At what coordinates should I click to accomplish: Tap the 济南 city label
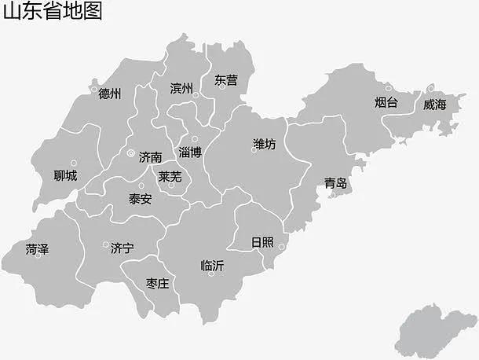[x=150, y=156]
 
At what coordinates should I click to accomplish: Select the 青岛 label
[x=335, y=184]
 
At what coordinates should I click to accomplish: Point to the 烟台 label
[x=386, y=102]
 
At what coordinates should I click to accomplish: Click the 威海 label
[x=433, y=104]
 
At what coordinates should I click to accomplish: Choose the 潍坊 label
[x=265, y=144]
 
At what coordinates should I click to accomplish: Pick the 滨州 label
[x=181, y=88]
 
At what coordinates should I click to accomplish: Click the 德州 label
[x=110, y=94]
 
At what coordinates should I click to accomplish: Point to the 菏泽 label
[x=37, y=249]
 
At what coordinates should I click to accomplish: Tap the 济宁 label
[x=122, y=248]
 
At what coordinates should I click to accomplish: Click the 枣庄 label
[x=158, y=283]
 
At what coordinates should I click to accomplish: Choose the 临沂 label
[x=212, y=266]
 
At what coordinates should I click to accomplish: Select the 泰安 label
[x=141, y=199]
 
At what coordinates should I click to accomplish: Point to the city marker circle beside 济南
[x=130, y=152]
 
